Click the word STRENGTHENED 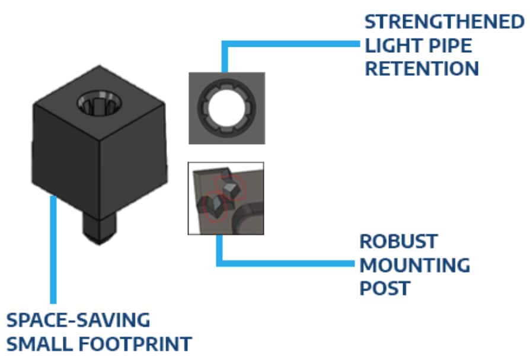pos(440,23)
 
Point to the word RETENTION pos(422,68)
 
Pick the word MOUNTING pos(414,265)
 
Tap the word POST pos(385,288)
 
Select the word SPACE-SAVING pos(78,320)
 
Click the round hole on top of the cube pos(98,106)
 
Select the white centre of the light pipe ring pos(226,107)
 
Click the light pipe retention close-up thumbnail pos(226,108)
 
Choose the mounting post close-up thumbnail pos(226,198)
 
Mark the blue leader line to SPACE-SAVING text pos(53,249)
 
